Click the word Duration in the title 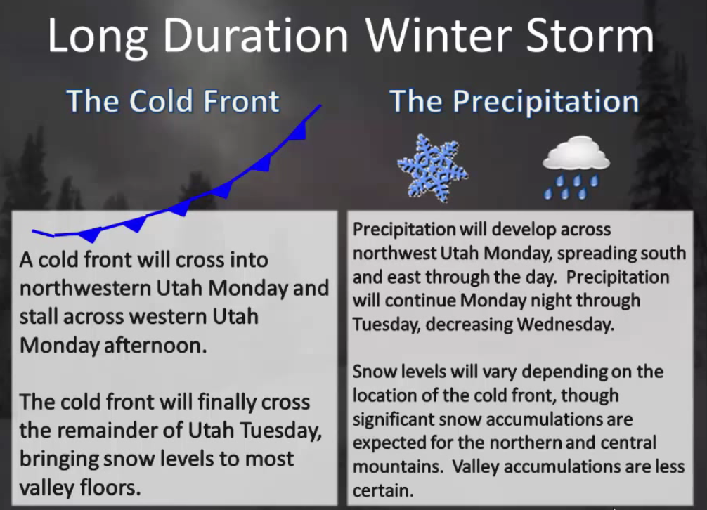coord(256,36)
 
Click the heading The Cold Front coord(173,100)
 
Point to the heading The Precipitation coord(514,101)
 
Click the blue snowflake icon coord(432,168)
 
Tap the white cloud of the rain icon coord(576,154)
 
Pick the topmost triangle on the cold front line coord(299,131)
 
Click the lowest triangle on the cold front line coord(91,235)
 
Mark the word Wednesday coord(566,325)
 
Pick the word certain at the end coord(383,490)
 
